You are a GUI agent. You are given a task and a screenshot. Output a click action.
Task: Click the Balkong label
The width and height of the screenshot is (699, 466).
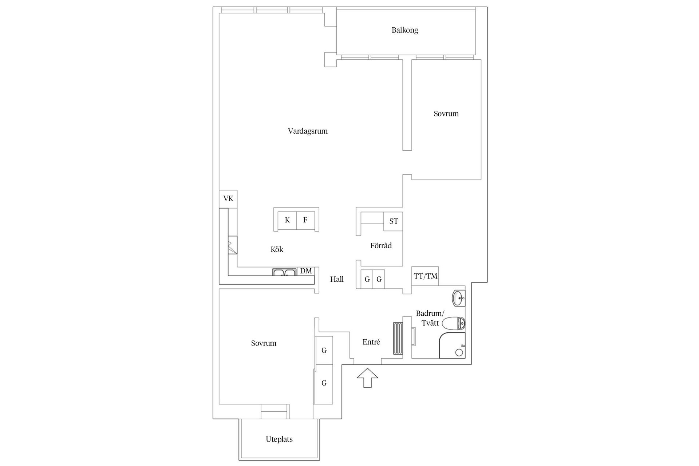[x=405, y=30]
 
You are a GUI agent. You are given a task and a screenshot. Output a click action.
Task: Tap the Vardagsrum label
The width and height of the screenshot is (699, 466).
[x=308, y=131]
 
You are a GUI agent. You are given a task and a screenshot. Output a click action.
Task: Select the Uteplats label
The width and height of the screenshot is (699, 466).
[x=279, y=439]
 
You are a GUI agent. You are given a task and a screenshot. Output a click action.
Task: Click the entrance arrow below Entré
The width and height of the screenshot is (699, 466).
[x=367, y=378]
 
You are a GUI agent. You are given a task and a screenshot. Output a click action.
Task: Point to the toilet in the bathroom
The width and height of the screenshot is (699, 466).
[x=453, y=323]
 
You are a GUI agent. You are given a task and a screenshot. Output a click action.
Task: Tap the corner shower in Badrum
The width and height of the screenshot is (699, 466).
[x=452, y=345]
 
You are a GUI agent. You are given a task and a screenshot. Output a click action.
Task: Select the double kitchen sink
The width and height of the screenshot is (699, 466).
[x=284, y=272]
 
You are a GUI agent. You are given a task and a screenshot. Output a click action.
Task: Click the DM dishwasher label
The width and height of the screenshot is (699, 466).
[x=306, y=271]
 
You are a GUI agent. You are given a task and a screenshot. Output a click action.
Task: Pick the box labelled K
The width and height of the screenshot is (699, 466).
[x=287, y=220]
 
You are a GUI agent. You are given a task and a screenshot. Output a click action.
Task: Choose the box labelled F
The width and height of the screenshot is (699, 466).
[x=305, y=220]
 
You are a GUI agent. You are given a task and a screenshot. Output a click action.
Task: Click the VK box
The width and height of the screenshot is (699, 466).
[x=228, y=199]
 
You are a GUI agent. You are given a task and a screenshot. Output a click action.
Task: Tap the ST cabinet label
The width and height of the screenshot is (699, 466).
[x=394, y=221]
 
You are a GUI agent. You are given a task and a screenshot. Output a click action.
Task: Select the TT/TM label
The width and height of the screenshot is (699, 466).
[x=425, y=276]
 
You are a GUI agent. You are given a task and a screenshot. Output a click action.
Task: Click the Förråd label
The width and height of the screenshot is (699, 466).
[x=381, y=246]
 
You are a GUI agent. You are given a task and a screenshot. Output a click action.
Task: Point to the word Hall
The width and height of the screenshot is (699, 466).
[x=337, y=279]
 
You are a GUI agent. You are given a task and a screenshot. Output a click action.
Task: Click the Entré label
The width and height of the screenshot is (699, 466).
[x=371, y=342]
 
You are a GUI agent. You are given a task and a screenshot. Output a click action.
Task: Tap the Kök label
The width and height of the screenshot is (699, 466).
[x=277, y=249]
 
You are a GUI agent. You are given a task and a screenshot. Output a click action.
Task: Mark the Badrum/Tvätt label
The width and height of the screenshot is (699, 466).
[x=430, y=318]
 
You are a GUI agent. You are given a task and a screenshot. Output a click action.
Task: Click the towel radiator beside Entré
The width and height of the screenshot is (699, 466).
[x=398, y=338]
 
